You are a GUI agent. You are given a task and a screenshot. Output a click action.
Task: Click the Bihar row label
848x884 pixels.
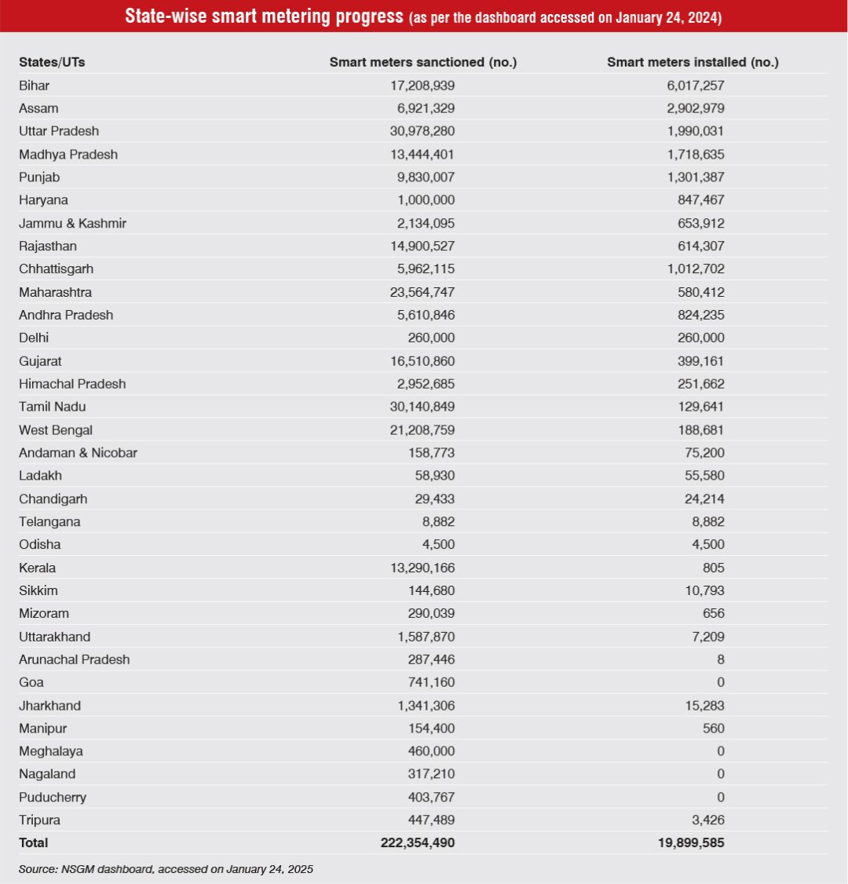tap(35, 85)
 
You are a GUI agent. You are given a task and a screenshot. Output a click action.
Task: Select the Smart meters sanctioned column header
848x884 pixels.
tap(422, 62)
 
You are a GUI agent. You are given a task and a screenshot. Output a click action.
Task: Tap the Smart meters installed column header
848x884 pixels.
tap(693, 62)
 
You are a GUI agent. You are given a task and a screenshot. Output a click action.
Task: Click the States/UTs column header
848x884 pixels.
tap(52, 62)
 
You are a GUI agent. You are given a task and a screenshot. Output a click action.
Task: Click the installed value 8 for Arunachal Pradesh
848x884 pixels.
tap(720, 659)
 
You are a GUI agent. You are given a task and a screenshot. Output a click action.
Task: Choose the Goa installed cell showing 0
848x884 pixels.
tap(720, 682)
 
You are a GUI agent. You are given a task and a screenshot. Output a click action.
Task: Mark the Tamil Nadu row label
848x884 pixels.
tap(53, 407)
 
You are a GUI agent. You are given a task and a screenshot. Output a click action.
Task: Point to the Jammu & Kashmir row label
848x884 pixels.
tap(72, 223)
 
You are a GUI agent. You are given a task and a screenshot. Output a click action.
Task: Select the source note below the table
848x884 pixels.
tap(166, 869)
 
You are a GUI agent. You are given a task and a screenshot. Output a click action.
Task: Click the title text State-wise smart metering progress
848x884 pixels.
tap(264, 16)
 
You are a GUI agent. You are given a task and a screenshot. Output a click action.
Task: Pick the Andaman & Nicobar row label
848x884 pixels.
tap(78, 453)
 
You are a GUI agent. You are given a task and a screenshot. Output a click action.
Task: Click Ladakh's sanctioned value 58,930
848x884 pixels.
tap(434, 476)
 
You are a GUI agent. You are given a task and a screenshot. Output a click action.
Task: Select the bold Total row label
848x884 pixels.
tap(34, 842)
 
